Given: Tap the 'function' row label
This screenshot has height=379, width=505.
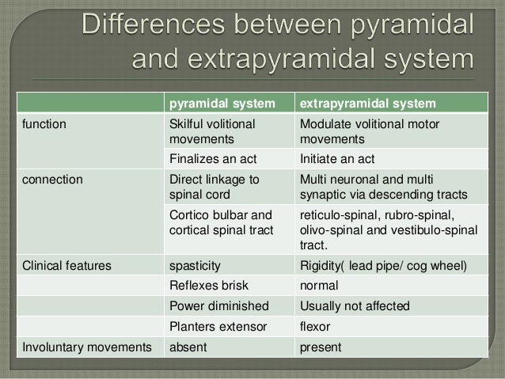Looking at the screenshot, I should pos(44,124).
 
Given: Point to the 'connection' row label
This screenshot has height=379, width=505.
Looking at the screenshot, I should pos(52,179).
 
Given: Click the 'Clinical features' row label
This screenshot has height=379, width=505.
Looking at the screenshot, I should pos(66,264).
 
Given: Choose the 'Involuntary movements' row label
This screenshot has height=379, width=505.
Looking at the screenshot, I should pos(87,347).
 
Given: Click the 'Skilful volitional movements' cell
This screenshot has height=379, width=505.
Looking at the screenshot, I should pos(213,131).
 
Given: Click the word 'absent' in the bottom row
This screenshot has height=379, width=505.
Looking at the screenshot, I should pos(189,347).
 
